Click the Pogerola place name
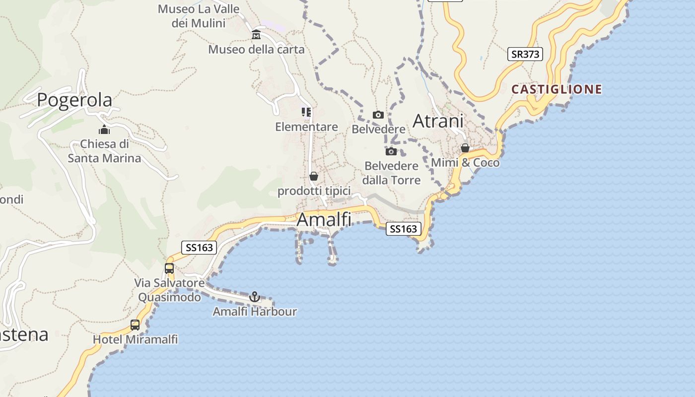coord(74,100)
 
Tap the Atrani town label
coord(438,121)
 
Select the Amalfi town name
coord(324,219)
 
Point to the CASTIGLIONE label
coord(556,89)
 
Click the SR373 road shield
coord(525,54)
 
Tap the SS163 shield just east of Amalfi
coord(403,229)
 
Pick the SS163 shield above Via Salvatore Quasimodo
coord(199,248)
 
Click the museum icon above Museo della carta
coord(256,35)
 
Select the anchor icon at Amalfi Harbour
coord(255,297)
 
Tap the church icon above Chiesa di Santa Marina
coord(104,130)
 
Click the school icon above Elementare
coord(306,112)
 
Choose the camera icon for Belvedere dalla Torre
coord(391,151)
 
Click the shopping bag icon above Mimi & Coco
coord(465,148)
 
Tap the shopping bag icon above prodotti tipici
coord(314,176)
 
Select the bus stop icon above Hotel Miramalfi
coord(135,325)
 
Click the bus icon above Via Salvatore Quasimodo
coord(169,268)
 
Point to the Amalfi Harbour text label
coord(255,312)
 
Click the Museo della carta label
coord(256,50)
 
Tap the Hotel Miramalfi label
coord(136,339)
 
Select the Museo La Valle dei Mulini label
coord(199,16)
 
